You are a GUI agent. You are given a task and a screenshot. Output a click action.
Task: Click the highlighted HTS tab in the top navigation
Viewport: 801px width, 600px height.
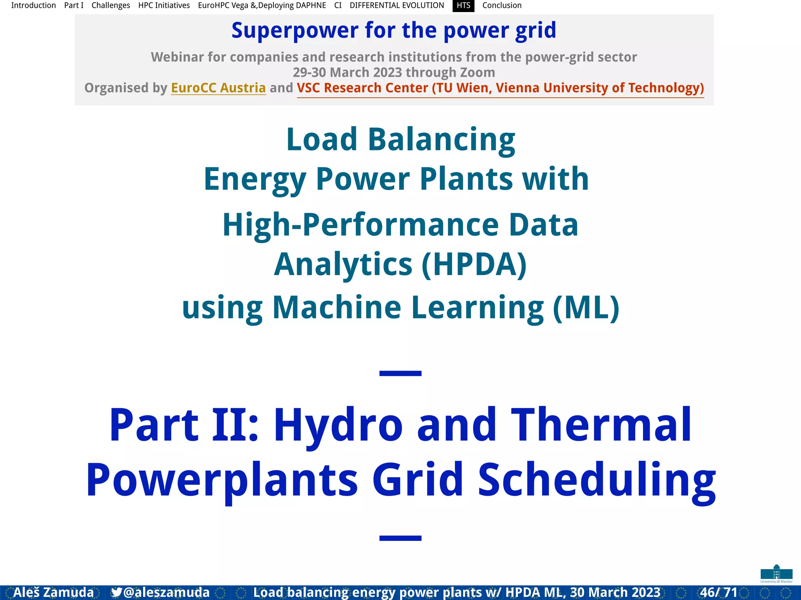coord(463,5)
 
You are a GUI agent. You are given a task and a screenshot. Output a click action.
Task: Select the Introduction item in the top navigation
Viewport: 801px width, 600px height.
coord(33,5)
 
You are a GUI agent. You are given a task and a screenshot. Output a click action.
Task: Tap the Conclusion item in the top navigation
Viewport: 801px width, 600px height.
coord(501,5)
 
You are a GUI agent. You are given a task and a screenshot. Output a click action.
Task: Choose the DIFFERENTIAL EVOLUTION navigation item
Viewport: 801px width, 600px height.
coord(397,5)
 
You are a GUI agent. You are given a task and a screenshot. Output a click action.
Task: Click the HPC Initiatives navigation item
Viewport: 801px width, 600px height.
coord(164,5)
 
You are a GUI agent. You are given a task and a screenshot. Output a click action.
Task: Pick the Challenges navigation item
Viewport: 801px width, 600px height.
coord(111,5)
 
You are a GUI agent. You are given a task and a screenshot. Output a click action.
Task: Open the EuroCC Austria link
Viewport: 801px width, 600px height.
coord(218,88)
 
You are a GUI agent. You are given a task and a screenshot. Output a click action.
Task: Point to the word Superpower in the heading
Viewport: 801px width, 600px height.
coord(295,30)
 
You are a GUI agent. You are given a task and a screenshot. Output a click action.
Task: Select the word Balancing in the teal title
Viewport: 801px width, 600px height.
coord(441,139)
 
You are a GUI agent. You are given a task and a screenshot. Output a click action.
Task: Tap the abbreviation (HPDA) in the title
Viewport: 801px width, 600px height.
coord(474,264)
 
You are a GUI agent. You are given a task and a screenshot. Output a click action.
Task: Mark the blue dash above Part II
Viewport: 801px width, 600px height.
coord(400,373)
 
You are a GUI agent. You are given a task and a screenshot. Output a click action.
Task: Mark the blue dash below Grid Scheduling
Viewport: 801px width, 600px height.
coord(400,538)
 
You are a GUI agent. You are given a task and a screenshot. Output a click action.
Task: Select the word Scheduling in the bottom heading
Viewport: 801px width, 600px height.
coord(596,480)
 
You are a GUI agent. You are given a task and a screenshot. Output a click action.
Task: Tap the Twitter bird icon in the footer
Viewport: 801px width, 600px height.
coord(116,592)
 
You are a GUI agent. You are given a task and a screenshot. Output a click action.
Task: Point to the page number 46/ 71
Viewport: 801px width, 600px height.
coord(718,592)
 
